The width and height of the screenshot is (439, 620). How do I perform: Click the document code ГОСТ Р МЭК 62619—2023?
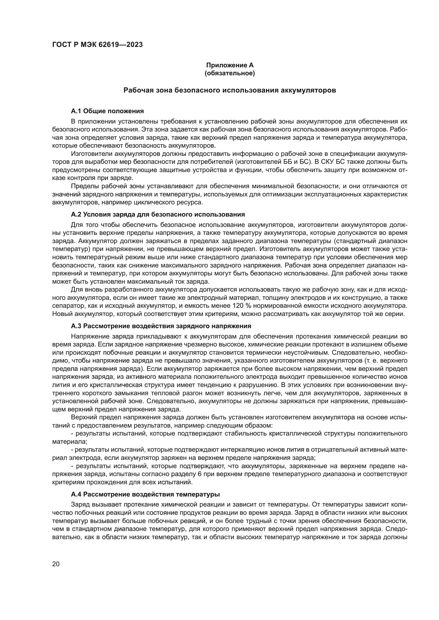[x=97, y=45]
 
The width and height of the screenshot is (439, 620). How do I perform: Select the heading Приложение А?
[x=230, y=65]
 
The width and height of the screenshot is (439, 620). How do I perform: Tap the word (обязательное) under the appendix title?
[x=230, y=73]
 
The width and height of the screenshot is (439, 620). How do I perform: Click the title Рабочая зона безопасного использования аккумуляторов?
[x=230, y=90]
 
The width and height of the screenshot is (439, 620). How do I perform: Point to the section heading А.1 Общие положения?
[x=107, y=111]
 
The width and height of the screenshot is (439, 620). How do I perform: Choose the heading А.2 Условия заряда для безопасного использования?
[x=158, y=214]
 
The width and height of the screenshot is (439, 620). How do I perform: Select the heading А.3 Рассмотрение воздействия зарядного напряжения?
[x=161, y=326]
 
